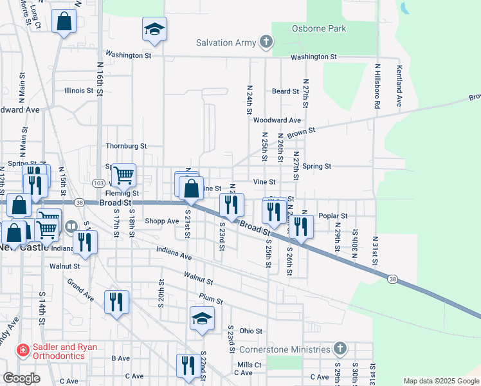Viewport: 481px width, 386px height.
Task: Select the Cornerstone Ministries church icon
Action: coord(340,349)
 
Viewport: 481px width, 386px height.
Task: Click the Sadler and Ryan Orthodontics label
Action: coord(57,351)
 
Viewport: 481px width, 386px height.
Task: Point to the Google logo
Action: coord(22,378)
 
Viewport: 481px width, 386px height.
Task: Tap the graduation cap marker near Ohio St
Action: coord(202,318)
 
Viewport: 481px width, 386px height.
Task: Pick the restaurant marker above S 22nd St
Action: coord(188,366)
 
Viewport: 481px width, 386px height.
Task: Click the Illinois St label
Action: coord(79,91)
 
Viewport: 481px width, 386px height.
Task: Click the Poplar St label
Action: coord(334,216)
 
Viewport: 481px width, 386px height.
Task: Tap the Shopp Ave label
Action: coord(161,221)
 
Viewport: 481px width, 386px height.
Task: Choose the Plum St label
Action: coord(211,300)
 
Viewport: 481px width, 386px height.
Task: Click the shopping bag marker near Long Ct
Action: coord(64,23)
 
